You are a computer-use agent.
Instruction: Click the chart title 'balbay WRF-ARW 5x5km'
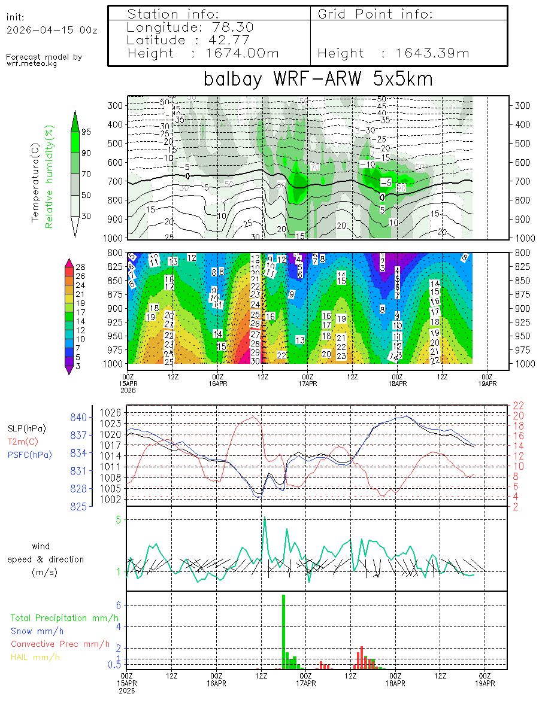[x=318, y=79]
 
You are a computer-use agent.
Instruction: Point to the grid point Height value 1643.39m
[x=432, y=53]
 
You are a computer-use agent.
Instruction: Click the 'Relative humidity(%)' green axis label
[x=50, y=177]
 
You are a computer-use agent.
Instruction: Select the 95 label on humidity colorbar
[x=86, y=132]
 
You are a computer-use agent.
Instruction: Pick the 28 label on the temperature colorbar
[x=81, y=266]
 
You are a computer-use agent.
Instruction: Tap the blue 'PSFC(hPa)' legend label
[x=29, y=455]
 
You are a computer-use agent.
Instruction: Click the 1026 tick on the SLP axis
[x=111, y=412]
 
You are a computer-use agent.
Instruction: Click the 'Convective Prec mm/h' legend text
[x=60, y=644]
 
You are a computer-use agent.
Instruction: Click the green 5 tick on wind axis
[x=119, y=519]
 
